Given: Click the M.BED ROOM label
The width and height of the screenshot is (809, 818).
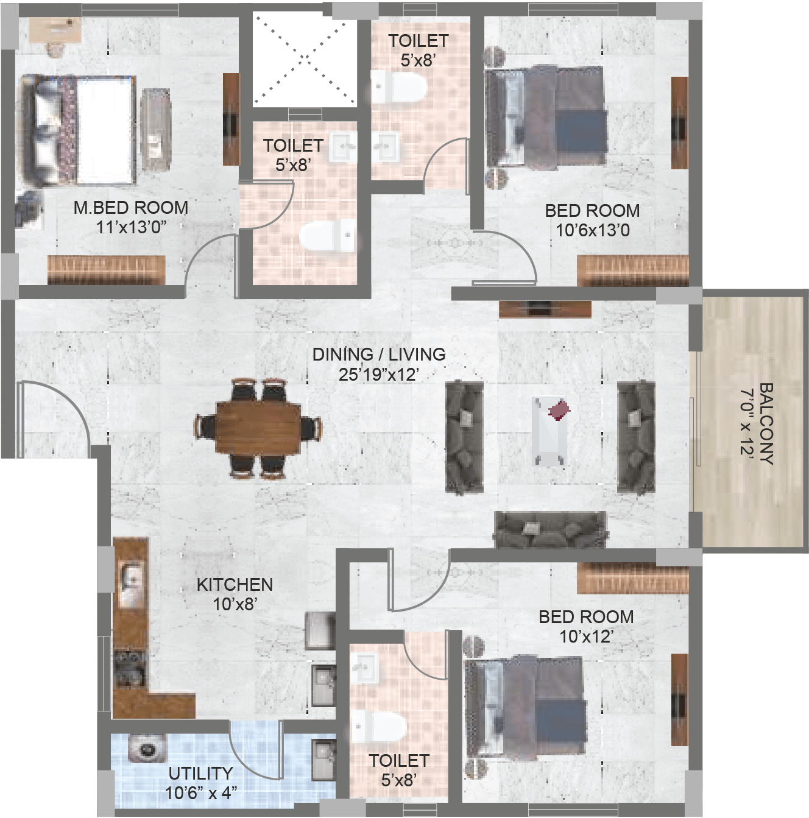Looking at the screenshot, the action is pos(131,208).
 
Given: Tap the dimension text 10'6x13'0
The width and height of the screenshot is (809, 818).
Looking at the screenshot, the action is pos(593,231).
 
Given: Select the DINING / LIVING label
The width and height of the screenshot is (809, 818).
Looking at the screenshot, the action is pos(379,354).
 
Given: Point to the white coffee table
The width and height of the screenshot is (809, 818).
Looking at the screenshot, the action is pos(550,431).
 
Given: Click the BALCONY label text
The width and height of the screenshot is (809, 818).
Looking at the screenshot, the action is pos(766,424).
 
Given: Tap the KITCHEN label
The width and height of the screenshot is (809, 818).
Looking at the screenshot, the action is pos(235,585).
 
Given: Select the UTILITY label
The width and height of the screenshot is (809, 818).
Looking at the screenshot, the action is pos(200,774).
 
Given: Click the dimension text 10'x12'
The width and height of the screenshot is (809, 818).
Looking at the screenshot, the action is pos(587,636).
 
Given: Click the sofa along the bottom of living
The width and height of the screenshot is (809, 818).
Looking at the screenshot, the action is pos(551,529).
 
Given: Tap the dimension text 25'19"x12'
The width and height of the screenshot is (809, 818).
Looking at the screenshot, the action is pos(379,375).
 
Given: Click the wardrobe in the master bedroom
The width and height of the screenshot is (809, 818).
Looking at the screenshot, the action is pos(106,270).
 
